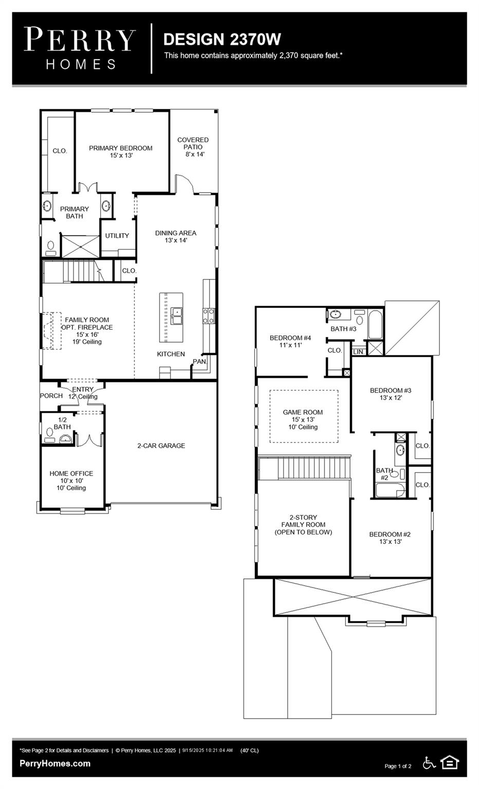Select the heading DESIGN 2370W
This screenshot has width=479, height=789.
click(x=222, y=39)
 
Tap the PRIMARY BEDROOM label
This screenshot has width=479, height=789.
click(x=121, y=152)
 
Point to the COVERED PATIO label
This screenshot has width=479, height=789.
click(x=193, y=147)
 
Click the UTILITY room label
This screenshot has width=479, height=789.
click(x=117, y=236)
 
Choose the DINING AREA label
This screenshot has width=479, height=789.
click(x=176, y=236)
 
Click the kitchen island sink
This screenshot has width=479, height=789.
click(x=176, y=316)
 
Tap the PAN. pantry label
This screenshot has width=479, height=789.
click(x=199, y=362)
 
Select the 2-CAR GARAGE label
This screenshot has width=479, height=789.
click(x=161, y=446)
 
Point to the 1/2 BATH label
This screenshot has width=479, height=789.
click(x=62, y=423)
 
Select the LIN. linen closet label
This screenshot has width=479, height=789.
click(x=359, y=352)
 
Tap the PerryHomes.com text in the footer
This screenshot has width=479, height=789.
click(x=55, y=763)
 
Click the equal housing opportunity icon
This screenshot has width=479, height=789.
click(x=449, y=763)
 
